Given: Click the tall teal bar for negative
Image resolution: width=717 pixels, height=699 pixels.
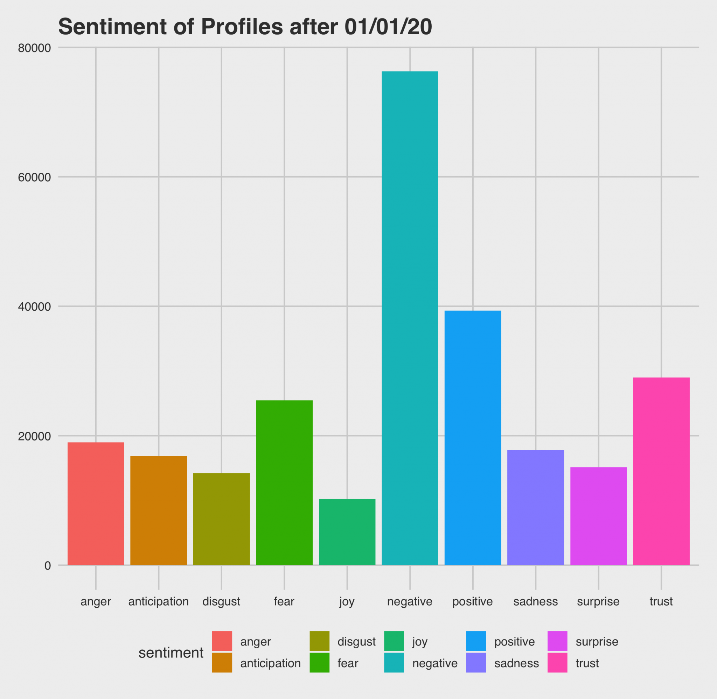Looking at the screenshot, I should pyautogui.click(x=410, y=318).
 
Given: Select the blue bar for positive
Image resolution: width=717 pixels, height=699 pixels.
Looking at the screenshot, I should pyautogui.click(x=472, y=438).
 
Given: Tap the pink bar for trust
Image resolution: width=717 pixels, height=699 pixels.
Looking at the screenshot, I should pyautogui.click(x=661, y=471).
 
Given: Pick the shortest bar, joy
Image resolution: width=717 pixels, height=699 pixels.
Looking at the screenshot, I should pyautogui.click(x=347, y=532).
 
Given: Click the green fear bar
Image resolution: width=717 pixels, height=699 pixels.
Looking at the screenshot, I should pyautogui.click(x=284, y=482).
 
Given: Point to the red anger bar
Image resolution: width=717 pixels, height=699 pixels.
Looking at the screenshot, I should pyautogui.click(x=96, y=503).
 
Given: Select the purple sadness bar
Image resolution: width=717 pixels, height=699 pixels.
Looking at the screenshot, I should pyautogui.click(x=535, y=507).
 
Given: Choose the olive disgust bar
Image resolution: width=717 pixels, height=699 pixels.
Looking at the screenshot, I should pyautogui.click(x=221, y=519).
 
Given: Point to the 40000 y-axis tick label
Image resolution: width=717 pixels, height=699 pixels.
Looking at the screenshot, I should pyautogui.click(x=34, y=306).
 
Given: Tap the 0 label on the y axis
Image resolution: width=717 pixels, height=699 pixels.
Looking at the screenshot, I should pyautogui.click(x=47, y=566).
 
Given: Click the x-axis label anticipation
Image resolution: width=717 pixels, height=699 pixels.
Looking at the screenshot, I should pyautogui.click(x=158, y=602).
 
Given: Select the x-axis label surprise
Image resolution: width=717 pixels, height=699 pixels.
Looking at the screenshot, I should pyautogui.click(x=598, y=602).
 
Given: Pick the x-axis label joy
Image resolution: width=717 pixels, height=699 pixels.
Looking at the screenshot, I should pyautogui.click(x=347, y=602).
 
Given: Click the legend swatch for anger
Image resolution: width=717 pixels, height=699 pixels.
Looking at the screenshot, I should pyautogui.click(x=222, y=641).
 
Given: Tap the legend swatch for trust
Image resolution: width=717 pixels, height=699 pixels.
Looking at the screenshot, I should pyautogui.click(x=557, y=663).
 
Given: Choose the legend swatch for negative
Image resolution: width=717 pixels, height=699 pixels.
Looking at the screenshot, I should pyautogui.click(x=394, y=663).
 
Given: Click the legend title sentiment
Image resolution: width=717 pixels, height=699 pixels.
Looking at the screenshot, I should pyautogui.click(x=171, y=652).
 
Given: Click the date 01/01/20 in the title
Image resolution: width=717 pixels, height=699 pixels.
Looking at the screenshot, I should pyautogui.click(x=388, y=27).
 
